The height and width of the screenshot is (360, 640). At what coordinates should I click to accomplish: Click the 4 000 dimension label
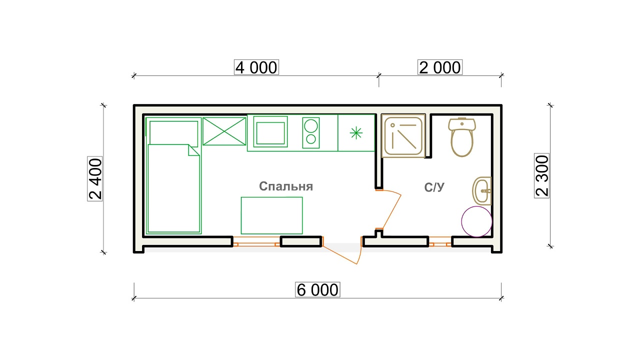coord(256,67)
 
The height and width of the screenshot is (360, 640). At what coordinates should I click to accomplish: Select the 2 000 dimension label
coord(440,67)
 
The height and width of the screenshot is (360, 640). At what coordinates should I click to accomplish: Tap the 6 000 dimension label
coord(317,289)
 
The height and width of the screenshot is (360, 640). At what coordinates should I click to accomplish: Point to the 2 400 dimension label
coord(95,179)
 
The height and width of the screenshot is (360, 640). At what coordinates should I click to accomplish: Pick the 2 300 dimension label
coord(541,175)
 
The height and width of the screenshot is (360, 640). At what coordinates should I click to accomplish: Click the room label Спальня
coord(286,186)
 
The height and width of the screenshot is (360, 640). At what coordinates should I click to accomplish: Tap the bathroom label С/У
coord(434,187)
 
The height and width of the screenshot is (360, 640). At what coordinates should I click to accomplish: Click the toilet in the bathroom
coord(462,137)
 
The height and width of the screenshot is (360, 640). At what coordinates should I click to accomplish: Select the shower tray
coord(403,135)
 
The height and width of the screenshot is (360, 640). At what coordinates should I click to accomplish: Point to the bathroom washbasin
coord(481,191)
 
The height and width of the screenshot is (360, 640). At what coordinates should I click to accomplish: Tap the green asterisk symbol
coord(356,133)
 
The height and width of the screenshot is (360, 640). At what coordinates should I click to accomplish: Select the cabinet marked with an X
coord(224,131)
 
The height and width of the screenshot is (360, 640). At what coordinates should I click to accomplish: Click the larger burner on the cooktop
coord(311,125)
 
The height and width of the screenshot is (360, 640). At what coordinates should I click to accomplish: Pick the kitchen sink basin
coord(270,133)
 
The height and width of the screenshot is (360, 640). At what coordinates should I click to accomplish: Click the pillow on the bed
coord(173,133)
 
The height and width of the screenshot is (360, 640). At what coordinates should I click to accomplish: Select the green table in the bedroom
coord(271,215)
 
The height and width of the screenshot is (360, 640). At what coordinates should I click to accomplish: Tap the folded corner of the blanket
coord(193,150)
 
